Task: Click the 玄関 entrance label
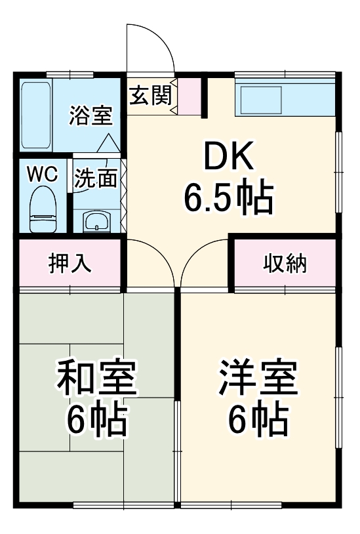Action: click(150, 96)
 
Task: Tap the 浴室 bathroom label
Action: click(91, 116)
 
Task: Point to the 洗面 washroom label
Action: click(96, 178)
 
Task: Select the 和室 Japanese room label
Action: click(96, 380)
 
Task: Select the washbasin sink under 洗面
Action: click(96, 221)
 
